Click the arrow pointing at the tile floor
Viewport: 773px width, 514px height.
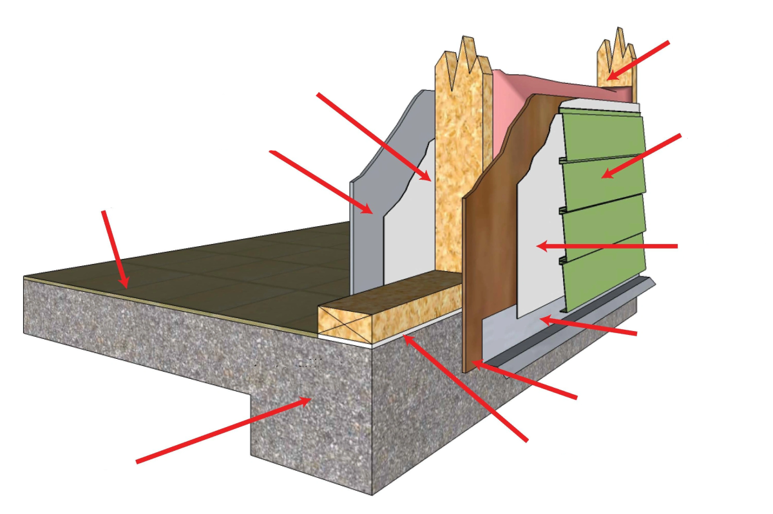[x=115, y=248]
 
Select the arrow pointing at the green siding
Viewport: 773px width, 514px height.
[x=641, y=156]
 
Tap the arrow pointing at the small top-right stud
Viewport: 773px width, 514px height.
[x=638, y=60]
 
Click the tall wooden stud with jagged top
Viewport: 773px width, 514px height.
[x=459, y=161]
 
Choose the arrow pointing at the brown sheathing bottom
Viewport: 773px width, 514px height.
[x=525, y=381]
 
